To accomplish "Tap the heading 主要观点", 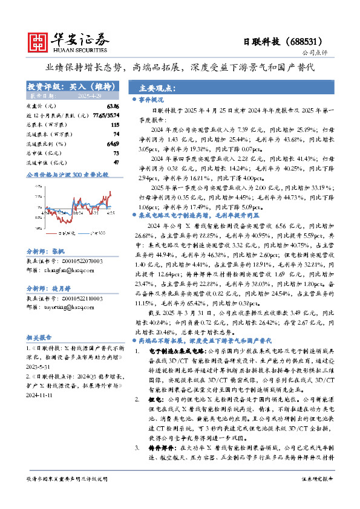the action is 154,87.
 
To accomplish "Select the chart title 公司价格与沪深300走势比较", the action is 68,175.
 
